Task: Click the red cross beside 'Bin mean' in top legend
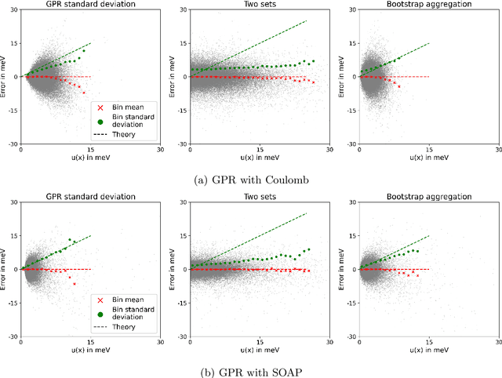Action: click(100, 107)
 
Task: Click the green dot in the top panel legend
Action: click(100, 121)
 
